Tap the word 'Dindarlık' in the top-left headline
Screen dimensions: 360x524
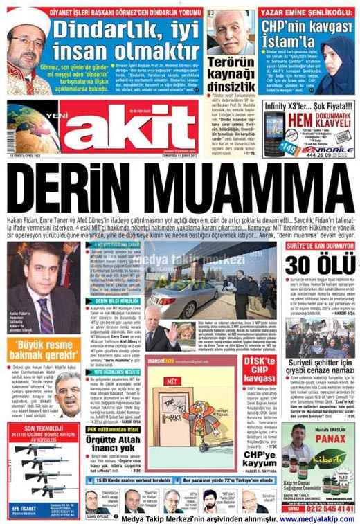click(107, 29)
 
